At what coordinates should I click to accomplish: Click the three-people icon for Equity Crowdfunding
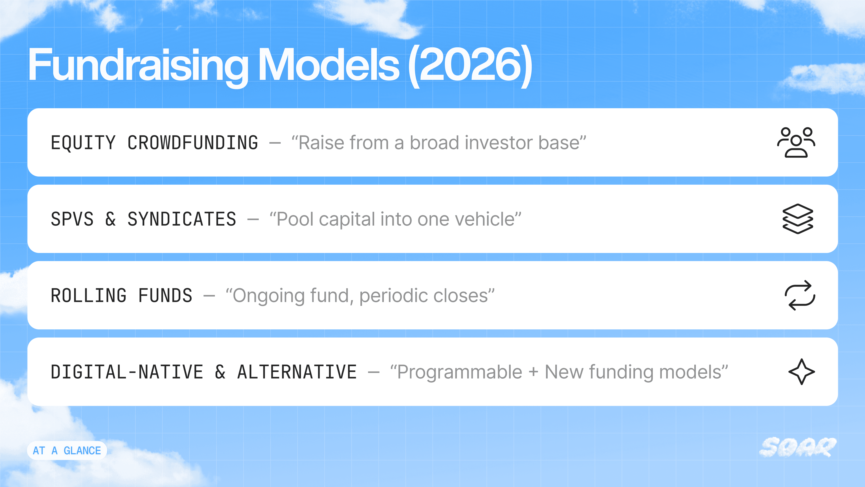[x=796, y=142]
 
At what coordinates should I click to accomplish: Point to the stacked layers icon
[x=798, y=219]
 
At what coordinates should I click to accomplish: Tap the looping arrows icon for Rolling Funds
[x=800, y=295]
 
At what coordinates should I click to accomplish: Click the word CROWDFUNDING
[x=193, y=142]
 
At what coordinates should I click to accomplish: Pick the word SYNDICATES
[x=182, y=219]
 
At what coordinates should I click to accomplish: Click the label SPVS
[x=72, y=219]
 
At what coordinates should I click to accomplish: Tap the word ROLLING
[x=89, y=295]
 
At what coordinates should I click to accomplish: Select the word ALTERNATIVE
[x=297, y=372]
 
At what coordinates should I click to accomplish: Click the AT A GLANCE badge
[x=67, y=450]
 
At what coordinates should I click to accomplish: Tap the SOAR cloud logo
[x=798, y=447]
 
